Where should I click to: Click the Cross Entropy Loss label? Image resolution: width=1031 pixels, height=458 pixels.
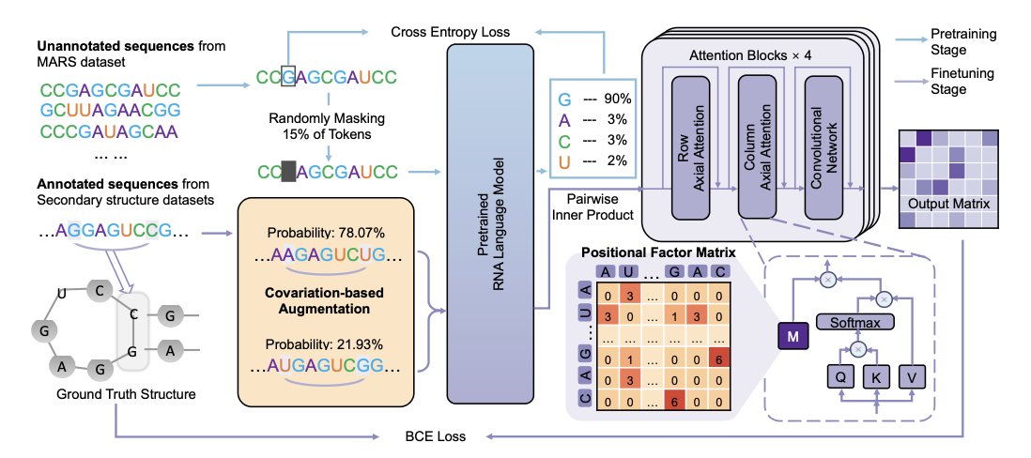(450, 32)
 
